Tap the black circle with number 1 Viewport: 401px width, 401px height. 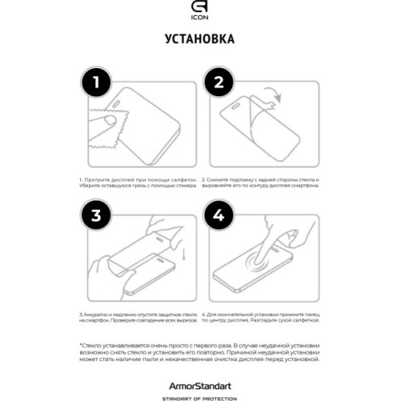tap(95, 81)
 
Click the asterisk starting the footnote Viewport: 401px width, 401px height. tap(81, 343)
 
